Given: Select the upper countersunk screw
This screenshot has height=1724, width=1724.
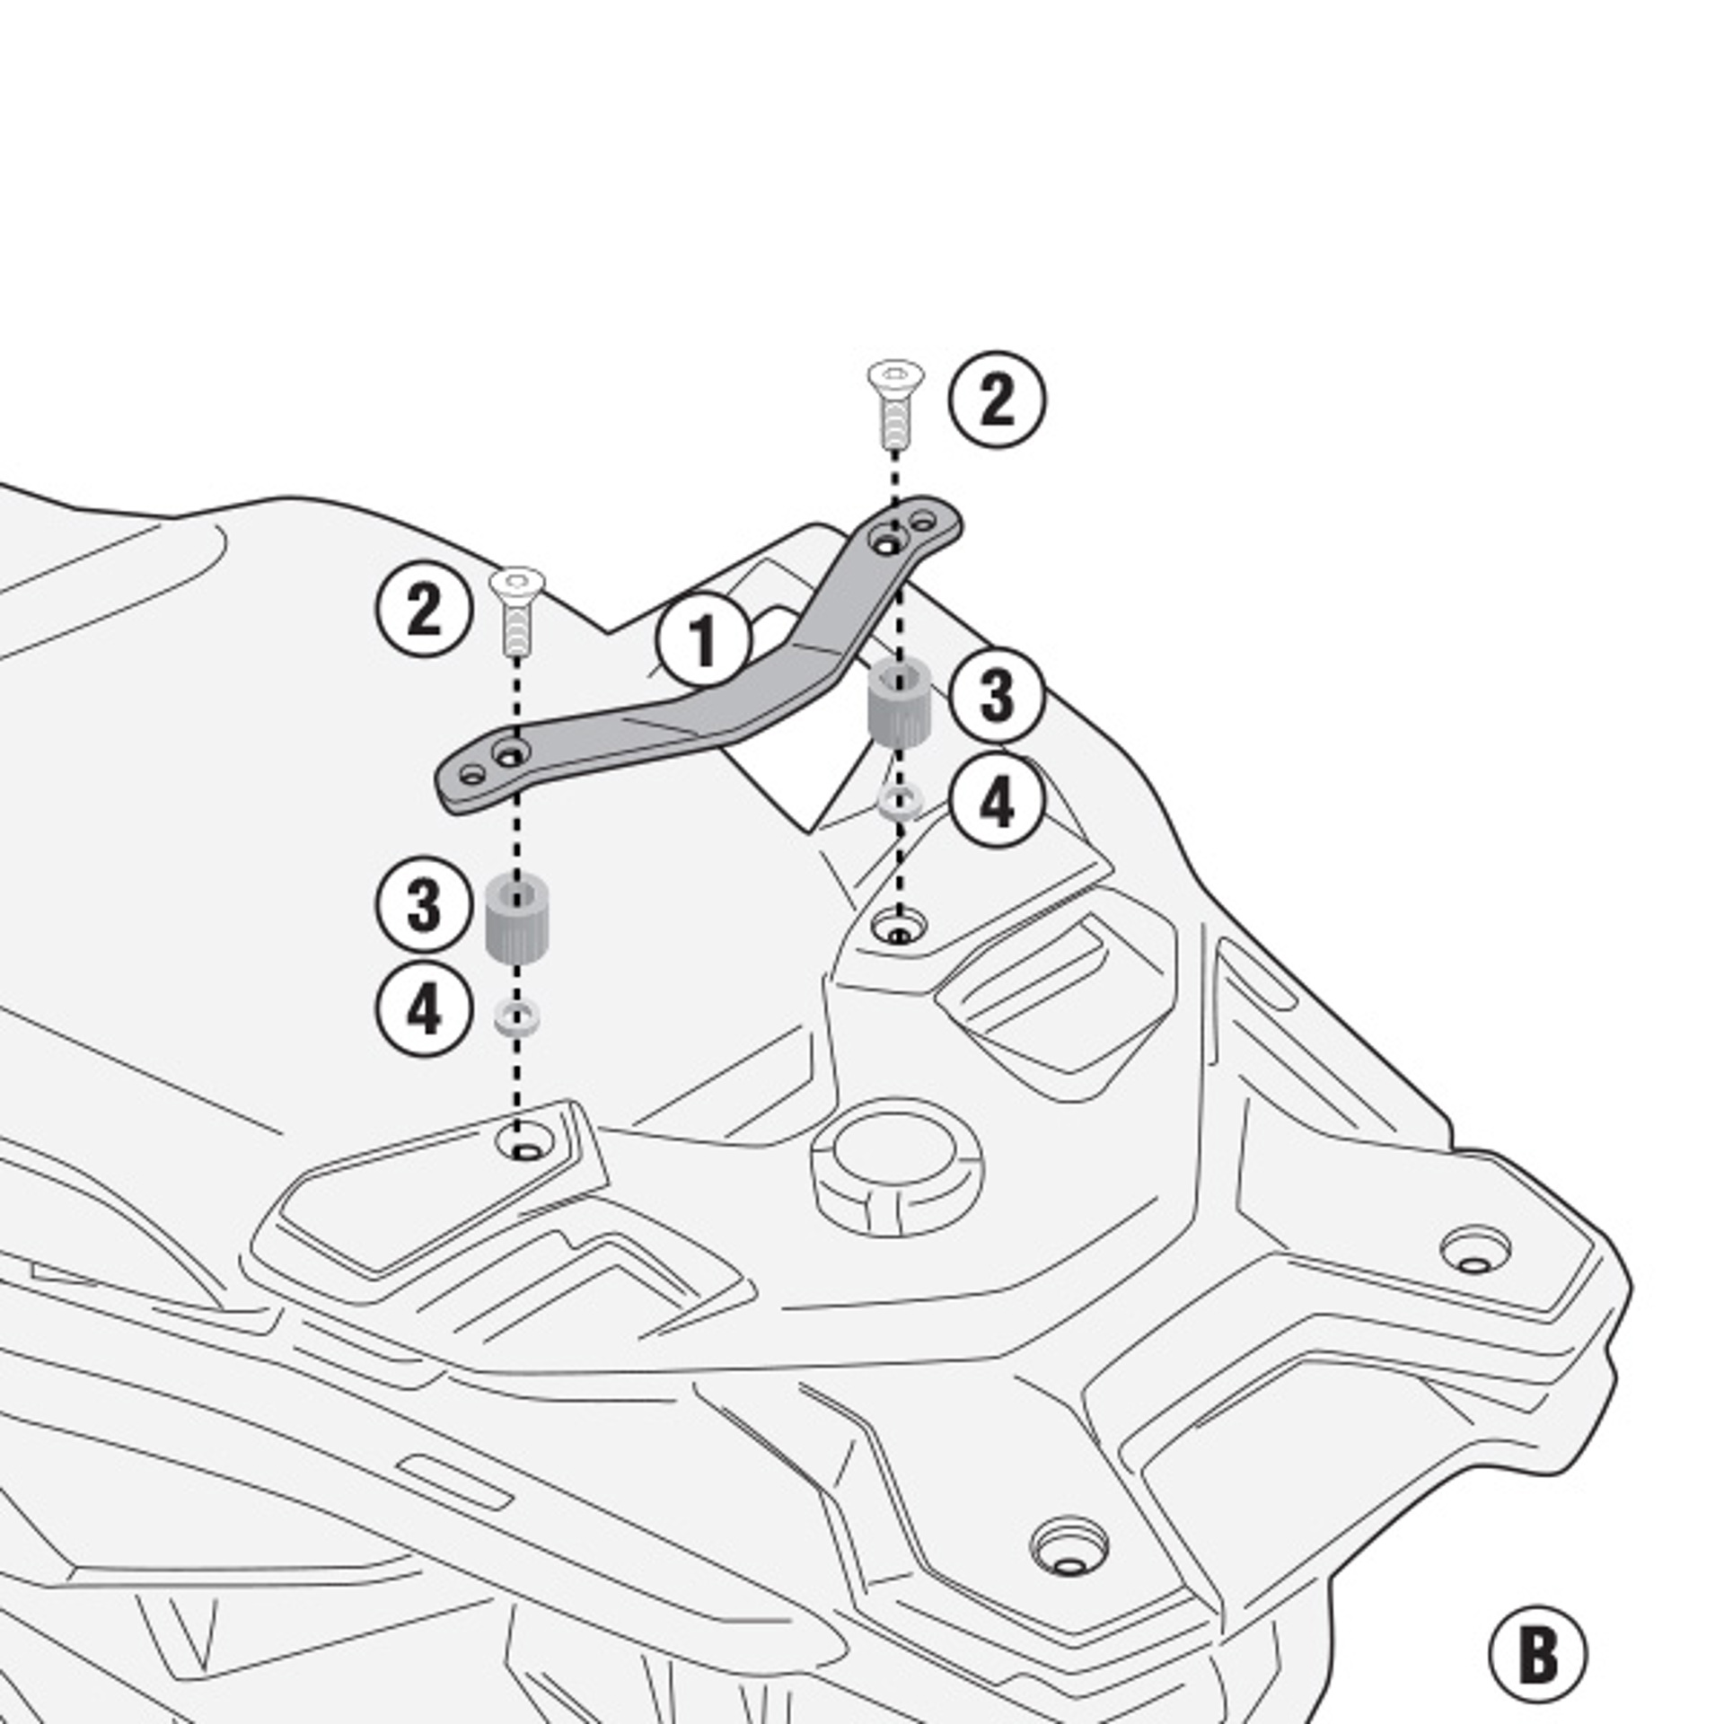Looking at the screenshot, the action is coord(894,403).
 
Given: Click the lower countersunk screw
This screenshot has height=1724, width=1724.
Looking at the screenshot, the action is coord(517,610).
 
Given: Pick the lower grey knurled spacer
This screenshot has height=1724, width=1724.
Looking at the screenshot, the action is coord(517,919).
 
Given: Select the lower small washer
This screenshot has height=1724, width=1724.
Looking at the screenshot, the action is coord(517,1018).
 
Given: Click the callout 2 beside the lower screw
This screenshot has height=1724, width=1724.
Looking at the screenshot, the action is coord(424,609).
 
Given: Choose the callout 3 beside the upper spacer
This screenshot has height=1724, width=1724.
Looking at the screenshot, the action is coord(997,695).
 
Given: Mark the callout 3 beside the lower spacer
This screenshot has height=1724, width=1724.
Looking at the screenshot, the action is coord(424,904).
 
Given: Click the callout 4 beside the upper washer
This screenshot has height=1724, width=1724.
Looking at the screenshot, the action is coord(997,801).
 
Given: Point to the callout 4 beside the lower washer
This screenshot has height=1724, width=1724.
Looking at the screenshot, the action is coord(424,1007).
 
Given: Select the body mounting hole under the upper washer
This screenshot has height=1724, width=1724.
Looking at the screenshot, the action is coord(898,927).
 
